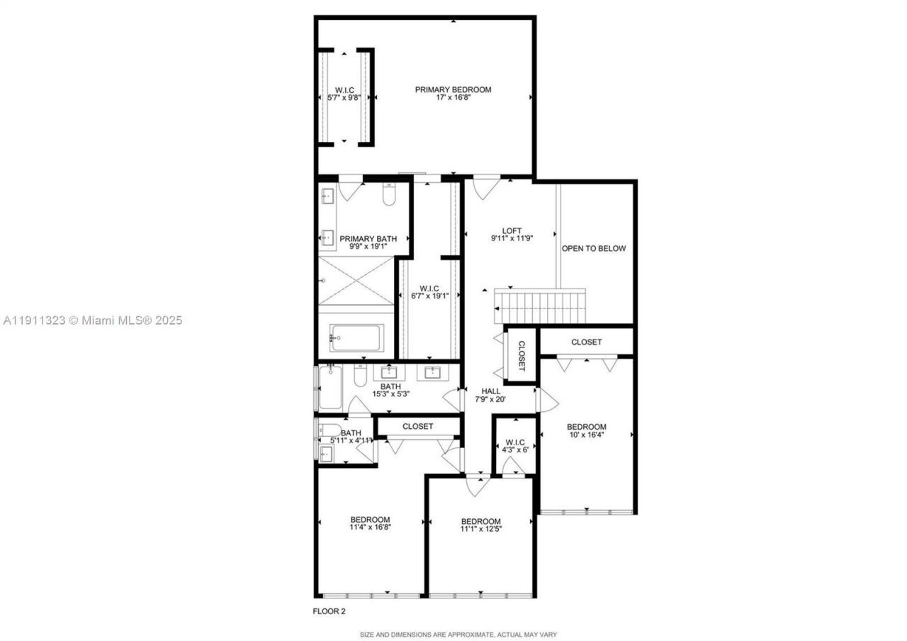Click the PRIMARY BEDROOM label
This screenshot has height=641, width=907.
pos(453,89)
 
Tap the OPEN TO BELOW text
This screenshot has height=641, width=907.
pos(594,248)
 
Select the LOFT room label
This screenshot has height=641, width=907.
pos(512,230)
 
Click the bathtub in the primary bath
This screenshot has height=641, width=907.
pos(357,338)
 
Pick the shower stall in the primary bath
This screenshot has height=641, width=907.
pos(355,281)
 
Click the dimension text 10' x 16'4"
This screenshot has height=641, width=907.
pos(586,435)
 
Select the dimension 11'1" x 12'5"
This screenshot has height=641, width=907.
pos(480,529)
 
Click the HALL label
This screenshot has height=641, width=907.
pos(491,391)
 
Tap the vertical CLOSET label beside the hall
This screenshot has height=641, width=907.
pos(522,355)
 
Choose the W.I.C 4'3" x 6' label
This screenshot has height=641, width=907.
pos(515,448)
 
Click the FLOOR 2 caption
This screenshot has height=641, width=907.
pos(329,611)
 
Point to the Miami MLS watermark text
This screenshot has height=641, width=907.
pos(93,320)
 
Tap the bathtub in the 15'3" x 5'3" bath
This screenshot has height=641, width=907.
pos(330,388)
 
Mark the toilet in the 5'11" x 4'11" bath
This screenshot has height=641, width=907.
pos(329,430)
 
